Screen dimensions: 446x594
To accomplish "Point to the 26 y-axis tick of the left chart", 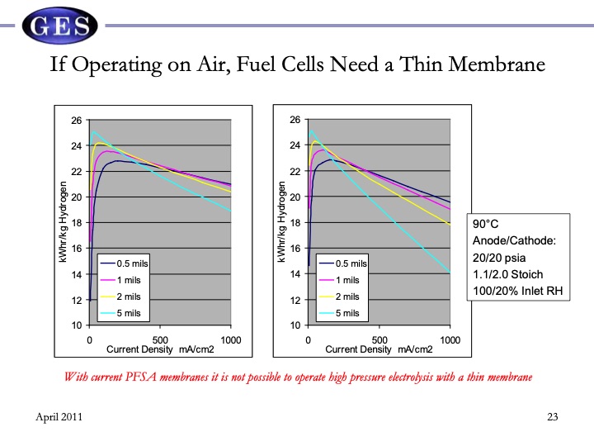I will click(76, 121).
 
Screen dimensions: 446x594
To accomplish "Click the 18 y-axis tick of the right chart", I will click(295, 223).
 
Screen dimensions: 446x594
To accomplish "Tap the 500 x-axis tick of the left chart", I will click(161, 339).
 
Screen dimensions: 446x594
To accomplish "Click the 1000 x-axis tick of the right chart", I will click(450, 339).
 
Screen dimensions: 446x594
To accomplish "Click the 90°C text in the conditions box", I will click(486, 224).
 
